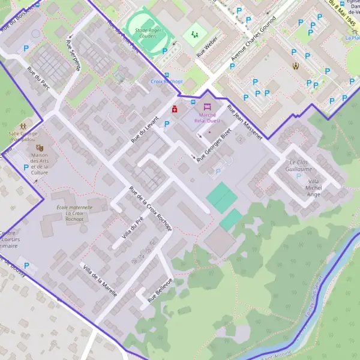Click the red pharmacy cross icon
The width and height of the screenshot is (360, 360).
pyautogui.click(x=175, y=109)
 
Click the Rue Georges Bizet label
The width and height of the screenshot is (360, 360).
pyautogui.click(x=214, y=145)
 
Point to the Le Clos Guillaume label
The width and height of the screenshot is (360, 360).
pyautogui.click(x=301, y=166)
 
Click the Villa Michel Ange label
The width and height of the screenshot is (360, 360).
pyautogui.click(x=314, y=187)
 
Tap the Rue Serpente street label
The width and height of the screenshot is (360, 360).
pyautogui.click(x=73, y=56)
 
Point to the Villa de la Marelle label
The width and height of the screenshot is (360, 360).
pyautogui.click(x=100, y=281)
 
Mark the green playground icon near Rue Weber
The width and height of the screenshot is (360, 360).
pyautogui.click(x=194, y=34)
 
